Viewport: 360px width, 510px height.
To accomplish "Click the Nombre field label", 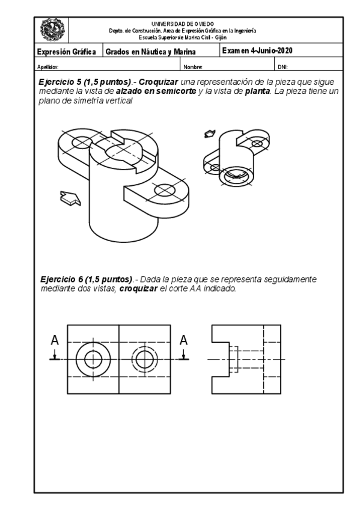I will click(192, 66).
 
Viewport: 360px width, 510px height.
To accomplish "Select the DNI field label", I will click(282, 66).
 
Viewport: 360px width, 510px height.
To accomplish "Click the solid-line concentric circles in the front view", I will click(93, 359).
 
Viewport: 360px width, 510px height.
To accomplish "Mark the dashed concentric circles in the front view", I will click(144, 360).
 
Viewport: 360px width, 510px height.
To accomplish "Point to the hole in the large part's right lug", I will click(164, 191).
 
